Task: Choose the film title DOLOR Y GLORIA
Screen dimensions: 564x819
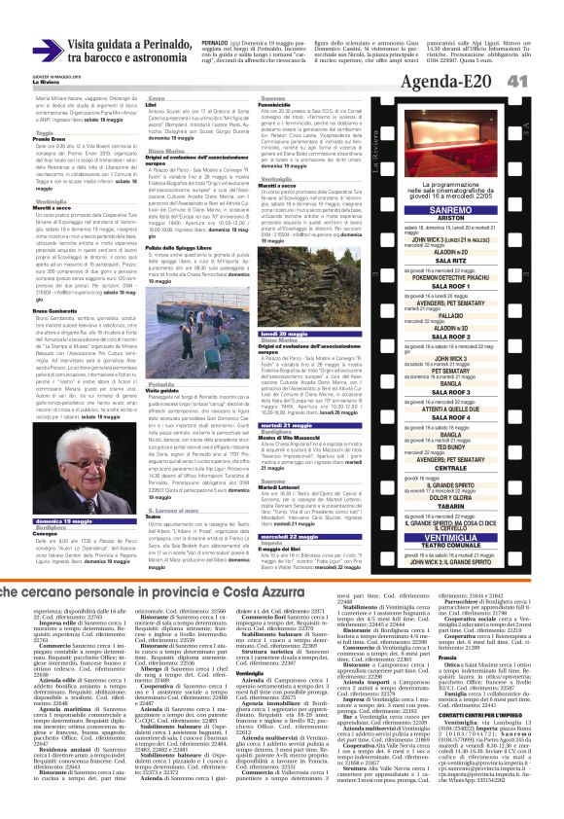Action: click(477, 497)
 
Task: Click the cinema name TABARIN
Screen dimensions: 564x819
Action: click(477, 506)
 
